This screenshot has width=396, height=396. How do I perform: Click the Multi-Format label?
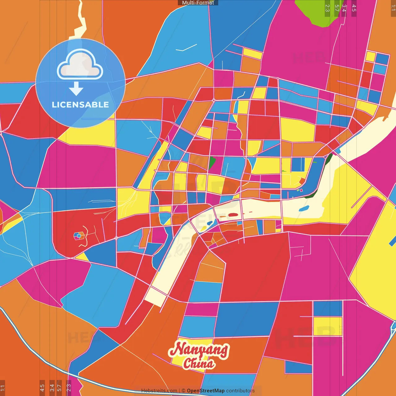click(198, 3)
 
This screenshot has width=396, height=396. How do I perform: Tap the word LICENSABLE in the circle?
click(80, 105)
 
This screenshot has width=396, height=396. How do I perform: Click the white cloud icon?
click(80, 64)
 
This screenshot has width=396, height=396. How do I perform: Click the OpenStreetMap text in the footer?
click(205, 391)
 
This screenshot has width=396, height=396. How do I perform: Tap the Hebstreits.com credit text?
click(159, 391)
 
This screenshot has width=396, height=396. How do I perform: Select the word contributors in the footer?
click(240, 391)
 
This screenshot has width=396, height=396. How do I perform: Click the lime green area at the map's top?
click(316, 12)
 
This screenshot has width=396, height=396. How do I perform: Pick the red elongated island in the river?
click(233, 215)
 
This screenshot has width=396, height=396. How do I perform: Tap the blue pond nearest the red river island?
click(210, 223)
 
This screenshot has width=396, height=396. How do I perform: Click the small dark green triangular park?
click(212, 162)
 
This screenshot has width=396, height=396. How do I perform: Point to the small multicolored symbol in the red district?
click(79, 236)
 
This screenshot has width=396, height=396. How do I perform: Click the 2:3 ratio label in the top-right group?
click(327, 8)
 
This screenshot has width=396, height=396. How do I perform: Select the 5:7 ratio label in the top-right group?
click(336, 8)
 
